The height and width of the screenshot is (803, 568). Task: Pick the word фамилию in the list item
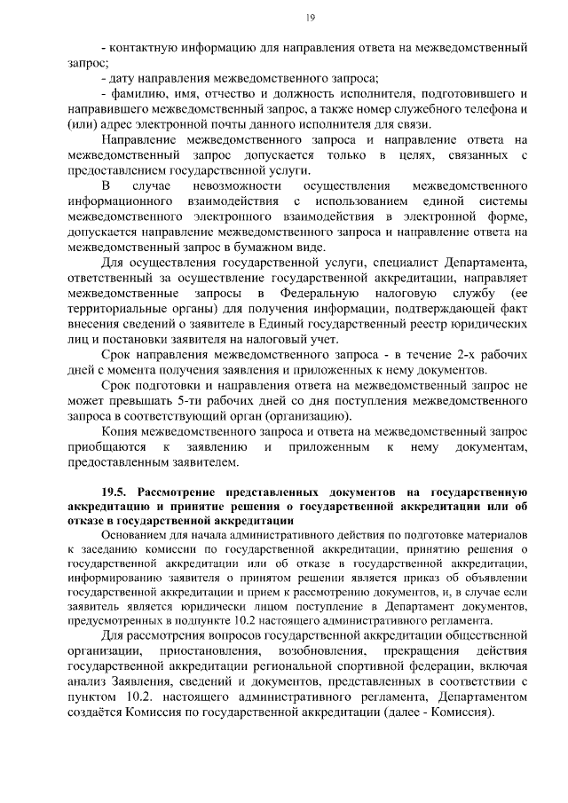(x=135, y=94)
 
